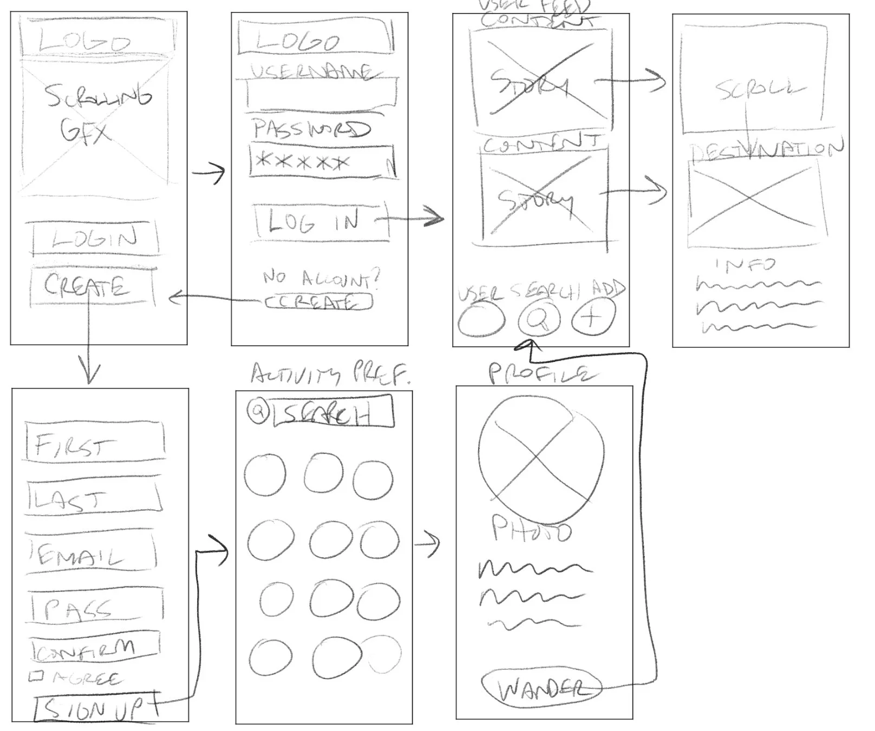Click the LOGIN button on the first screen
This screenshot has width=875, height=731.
coord(95,239)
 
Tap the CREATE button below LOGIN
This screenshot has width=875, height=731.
coord(91,286)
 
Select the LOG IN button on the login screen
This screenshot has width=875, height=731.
coord(322,221)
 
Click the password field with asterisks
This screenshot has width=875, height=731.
coord(322,162)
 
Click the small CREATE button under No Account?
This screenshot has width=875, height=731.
coord(318,302)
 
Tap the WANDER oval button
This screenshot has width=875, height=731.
coord(541,688)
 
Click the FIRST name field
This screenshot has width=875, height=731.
coord(94,443)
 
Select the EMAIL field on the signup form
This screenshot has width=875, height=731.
coord(91,554)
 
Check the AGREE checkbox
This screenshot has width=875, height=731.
coord(37,676)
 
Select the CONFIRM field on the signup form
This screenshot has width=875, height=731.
coord(94,647)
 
